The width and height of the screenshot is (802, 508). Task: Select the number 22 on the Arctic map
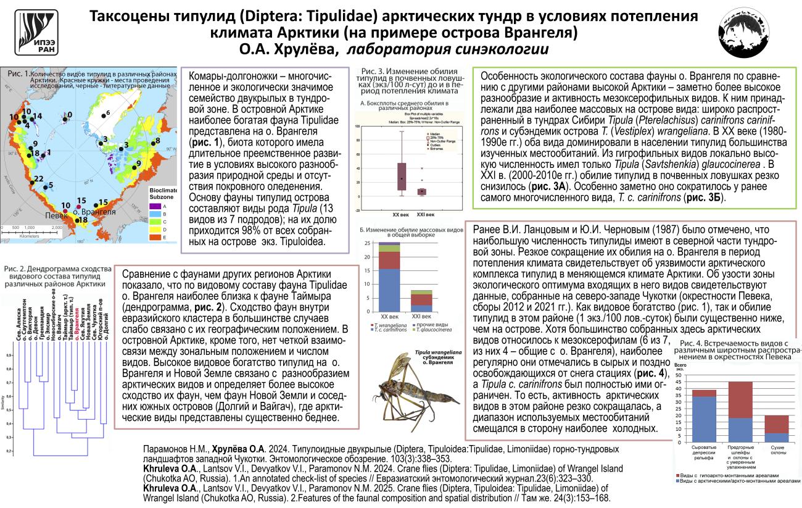(x=38, y=179)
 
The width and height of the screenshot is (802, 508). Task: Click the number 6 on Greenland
(x=108, y=113)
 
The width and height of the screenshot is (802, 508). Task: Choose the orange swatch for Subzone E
(x=155, y=236)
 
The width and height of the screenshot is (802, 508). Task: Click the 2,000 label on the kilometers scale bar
(x=56, y=228)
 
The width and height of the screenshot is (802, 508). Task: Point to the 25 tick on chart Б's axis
(x=368, y=243)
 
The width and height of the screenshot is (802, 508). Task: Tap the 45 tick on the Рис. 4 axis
(x=680, y=383)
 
